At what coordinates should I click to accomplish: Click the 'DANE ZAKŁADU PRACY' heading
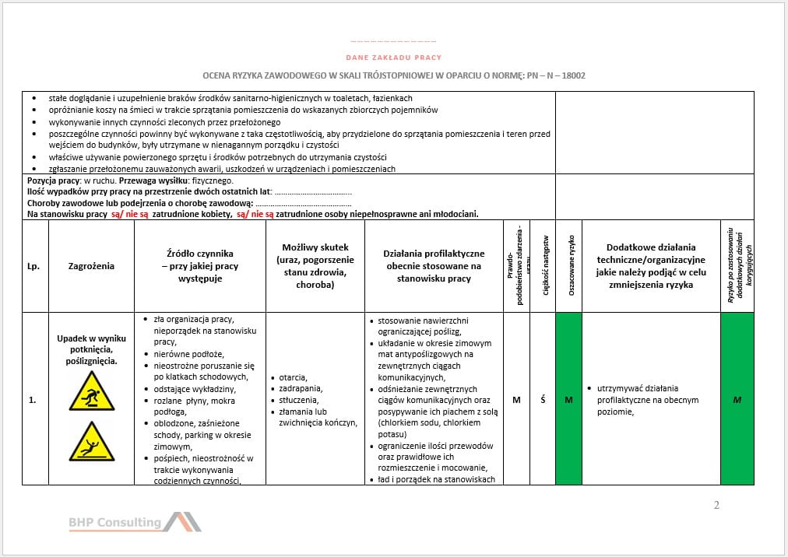(393, 58)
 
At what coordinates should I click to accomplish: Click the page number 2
(716, 506)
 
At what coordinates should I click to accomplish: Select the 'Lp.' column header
(33, 266)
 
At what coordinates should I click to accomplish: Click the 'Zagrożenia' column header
(91, 266)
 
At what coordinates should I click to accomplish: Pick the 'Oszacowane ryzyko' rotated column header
(571, 265)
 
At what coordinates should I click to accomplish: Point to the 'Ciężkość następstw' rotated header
(545, 265)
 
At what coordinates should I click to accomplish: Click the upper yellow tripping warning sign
(91, 391)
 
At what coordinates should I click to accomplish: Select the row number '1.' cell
(33, 400)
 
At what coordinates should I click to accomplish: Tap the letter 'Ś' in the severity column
(543, 400)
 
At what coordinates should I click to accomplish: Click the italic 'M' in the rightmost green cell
(737, 400)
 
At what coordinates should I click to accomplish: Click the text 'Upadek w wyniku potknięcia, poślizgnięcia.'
(91, 350)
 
